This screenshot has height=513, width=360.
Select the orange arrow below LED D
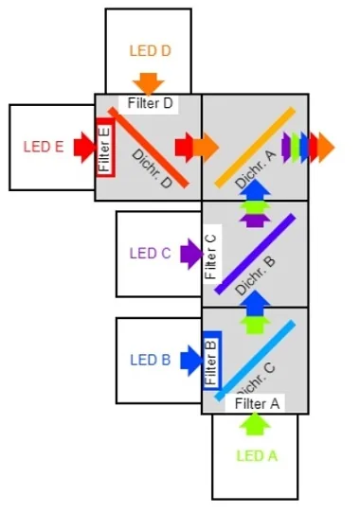[149, 82]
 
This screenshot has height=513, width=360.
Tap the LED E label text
[44, 147]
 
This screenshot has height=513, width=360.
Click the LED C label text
[150, 254]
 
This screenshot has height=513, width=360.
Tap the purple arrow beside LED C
[189, 253]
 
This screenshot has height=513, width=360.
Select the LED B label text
[150, 360]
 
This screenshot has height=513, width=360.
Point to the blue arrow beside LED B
[189, 360]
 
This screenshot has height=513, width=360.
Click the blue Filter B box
[212, 360]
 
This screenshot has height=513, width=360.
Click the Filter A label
[257, 403]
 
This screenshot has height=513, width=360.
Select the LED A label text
[256, 455]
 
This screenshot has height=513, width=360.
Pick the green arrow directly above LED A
[254, 425]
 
